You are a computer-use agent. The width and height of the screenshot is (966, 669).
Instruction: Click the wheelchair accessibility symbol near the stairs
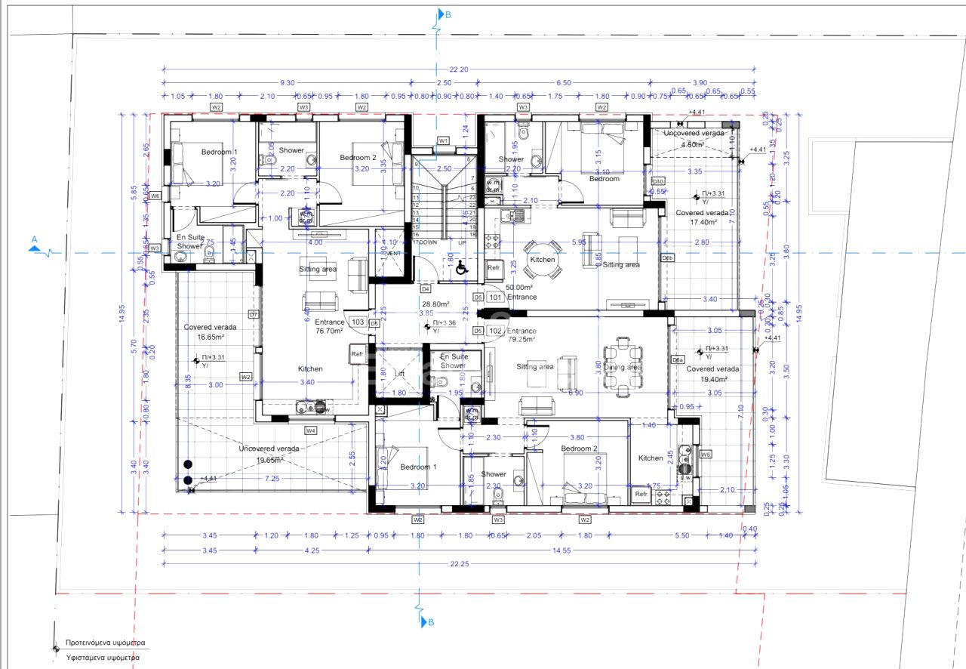(x=461, y=267)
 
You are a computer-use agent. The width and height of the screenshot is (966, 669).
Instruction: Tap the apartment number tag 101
(x=496, y=297)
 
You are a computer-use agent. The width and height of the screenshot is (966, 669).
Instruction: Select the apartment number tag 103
(x=358, y=322)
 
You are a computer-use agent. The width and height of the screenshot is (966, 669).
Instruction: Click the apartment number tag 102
(x=496, y=331)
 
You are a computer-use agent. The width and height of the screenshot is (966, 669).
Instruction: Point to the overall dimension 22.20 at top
(x=458, y=69)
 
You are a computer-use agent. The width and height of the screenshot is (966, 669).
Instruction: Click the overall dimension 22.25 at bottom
(x=458, y=564)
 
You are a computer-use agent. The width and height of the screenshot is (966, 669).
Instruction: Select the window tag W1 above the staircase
(x=444, y=141)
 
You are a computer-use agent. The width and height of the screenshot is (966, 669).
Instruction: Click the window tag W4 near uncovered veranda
(x=310, y=430)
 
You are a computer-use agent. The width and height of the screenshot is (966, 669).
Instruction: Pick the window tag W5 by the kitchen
(x=706, y=455)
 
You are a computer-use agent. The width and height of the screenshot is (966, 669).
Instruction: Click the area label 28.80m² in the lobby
(x=435, y=304)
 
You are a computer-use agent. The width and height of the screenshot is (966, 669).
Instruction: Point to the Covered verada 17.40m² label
(x=702, y=217)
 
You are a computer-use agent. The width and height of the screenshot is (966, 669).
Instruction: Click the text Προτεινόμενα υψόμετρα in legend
(x=105, y=643)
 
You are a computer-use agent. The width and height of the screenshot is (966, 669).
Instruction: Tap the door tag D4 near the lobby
(x=425, y=289)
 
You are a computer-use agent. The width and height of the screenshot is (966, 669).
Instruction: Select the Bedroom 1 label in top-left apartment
(x=219, y=152)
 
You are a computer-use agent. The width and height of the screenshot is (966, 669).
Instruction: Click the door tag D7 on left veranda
(x=254, y=314)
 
